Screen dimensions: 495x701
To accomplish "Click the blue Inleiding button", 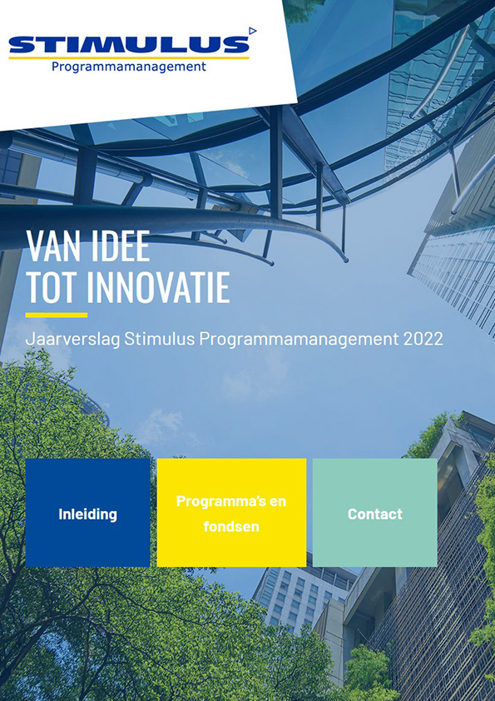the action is tap(87, 512).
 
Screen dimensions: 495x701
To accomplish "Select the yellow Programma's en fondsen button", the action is tap(231, 512).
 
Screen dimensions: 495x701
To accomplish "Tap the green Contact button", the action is tap(375, 512).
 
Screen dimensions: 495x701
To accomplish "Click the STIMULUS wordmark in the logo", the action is tap(129, 45).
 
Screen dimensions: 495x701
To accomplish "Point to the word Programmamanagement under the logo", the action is tap(129, 67).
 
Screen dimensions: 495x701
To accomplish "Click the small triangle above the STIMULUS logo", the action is tap(253, 31).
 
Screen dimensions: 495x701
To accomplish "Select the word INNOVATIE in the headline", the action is tap(158, 287).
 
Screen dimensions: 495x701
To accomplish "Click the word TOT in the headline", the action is tap(52, 287).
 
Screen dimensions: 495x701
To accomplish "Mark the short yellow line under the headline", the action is tap(57, 316).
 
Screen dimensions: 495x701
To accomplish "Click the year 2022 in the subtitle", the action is tap(423, 339).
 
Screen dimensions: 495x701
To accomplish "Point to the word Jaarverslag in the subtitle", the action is tap(73, 340).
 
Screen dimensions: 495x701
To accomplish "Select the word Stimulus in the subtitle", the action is tap(160, 339).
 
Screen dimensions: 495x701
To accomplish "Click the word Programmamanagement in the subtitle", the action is tap(299, 340).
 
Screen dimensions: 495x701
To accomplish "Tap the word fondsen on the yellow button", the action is tap(231, 526).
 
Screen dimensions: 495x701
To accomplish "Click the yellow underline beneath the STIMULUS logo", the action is tap(129, 57).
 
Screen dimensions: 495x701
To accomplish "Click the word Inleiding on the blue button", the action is tap(87, 515).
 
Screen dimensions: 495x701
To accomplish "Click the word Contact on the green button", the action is tap(375, 515).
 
